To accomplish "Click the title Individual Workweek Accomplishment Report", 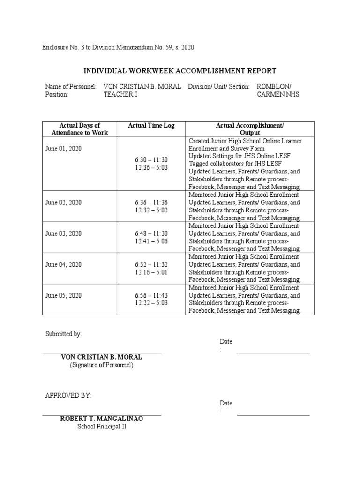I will [180, 71].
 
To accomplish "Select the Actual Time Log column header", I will [151, 126].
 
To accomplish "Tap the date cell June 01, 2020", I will [63, 148].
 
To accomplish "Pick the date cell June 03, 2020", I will [63, 233].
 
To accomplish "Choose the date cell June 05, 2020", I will [63, 295].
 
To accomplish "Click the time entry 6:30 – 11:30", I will [151, 160].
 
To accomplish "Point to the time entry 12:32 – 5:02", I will [151, 210].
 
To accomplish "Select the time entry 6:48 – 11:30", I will [151, 233].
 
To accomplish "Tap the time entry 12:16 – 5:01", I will [151, 272].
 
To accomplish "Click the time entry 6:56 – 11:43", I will [151, 295].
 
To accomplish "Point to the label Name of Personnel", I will [71, 87].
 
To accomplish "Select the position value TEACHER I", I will [120, 94].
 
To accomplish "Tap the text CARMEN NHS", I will [278, 94].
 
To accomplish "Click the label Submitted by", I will [63, 334].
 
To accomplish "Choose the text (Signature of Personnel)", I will [102, 365].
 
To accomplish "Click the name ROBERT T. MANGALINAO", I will [102, 419].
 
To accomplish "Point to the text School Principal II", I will [102, 427].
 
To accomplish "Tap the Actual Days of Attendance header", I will [80, 129].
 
